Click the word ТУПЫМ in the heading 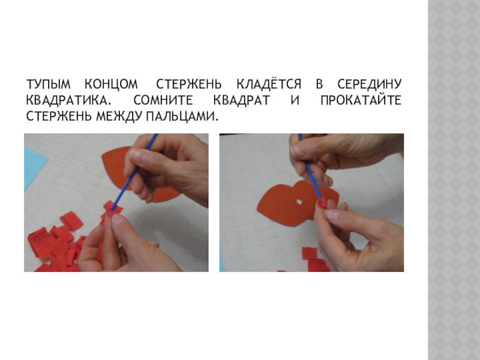49,84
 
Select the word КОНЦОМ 111,84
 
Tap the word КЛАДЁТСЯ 269,83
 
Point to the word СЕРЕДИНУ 369,84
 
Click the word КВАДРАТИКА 67,100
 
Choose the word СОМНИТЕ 163,100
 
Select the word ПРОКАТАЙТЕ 361,100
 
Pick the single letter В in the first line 319,84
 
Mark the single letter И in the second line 295,100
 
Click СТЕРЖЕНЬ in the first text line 188,84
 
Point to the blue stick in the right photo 310,168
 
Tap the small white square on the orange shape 299,202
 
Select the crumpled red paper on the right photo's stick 322,203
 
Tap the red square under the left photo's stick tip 113,208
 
